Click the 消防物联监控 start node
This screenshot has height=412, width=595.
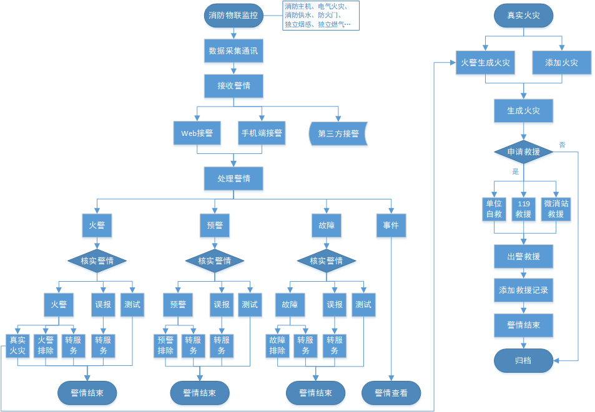pyautogui.click(x=234, y=16)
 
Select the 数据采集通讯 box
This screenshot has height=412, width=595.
pyautogui.click(x=234, y=50)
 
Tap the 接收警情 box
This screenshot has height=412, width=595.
pyautogui.click(x=234, y=85)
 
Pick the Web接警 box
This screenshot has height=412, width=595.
pyautogui.click(x=197, y=133)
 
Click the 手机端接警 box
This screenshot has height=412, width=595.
pyautogui.click(x=262, y=133)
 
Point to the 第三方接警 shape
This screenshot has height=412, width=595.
pyautogui.click(x=338, y=133)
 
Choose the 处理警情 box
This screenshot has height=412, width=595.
pyautogui.click(x=234, y=178)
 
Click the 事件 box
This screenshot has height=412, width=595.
pyautogui.click(x=391, y=225)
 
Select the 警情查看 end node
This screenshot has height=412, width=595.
pyautogui.click(x=391, y=393)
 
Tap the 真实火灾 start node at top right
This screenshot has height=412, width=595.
pyautogui.click(x=523, y=16)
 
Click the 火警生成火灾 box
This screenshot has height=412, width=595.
pyautogui.click(x=485, y=62)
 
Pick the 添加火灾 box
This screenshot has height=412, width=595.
pyautogui.click(x=562, y=62)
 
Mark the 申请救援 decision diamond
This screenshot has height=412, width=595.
pyautogui.click(x=523, y=152)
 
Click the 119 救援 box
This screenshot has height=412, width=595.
pyautogui.click(x=523, y=209)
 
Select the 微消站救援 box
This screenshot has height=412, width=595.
pyautogui.click(x=556, y=209)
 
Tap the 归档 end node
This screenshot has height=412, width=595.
pyautogui.click(x=523, y=360)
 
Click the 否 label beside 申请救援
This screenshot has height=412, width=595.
pyautogui.click(x=563, y=145)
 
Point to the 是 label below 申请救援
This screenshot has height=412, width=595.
pyautogui.click(x=515, y=171)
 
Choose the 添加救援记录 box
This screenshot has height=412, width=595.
pyautogui.click(x=523, y=290)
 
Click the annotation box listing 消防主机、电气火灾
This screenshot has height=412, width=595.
pyautogui.click(x=321, y=16)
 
